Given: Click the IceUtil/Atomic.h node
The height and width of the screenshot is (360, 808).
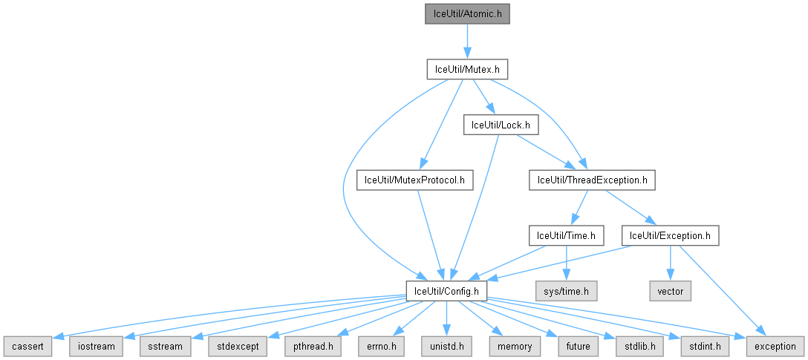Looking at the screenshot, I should [x=467, y=14].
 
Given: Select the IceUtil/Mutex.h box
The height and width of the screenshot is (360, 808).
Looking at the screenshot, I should [x=466, y=70].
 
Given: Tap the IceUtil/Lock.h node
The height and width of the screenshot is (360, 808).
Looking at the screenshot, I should [x=501, y=125].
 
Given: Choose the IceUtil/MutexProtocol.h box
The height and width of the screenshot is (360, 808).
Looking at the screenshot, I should [x=415, y=180].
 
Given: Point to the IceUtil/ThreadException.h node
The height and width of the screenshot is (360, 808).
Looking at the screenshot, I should [x=593, y=180].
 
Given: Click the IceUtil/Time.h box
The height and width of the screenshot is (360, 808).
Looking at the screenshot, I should [x=566, y=235].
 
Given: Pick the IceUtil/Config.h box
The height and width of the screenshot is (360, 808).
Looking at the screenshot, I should [x=446, y=290].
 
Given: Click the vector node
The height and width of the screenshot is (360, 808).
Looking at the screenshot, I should [x=670, y=290].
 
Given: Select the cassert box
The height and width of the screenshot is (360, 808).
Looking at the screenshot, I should [x=28, y=346].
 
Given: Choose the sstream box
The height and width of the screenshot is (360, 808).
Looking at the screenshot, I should [x=160, y=346].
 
